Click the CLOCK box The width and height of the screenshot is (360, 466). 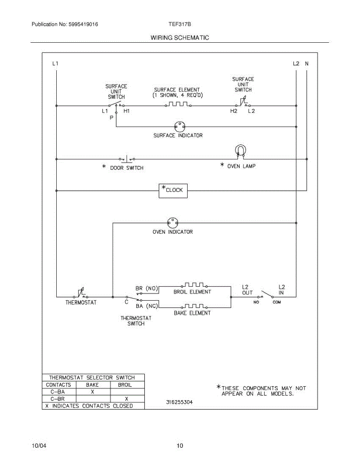pos(173,190)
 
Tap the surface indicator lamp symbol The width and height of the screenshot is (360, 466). pos(179,126)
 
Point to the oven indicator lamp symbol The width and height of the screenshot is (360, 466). pos(172,223)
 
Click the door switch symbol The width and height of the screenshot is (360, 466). pos(127,159)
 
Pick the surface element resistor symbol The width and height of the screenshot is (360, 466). pos(178,104)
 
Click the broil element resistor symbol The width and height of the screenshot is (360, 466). pos(195,285)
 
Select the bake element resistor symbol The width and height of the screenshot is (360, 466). pos(195,306)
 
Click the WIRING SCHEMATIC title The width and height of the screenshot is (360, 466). pos(179,38)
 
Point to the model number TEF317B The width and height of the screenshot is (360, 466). pos(179,24)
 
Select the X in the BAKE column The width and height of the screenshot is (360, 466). pos(92,392)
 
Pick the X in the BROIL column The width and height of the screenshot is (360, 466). pos(126,399)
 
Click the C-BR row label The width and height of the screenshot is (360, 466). pos(58,399)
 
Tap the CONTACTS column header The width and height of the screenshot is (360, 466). pos(58,385)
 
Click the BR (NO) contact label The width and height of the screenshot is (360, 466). pos(147,289)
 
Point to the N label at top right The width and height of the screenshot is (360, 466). pos(306,63)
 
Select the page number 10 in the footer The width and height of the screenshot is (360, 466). pos(179,446)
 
